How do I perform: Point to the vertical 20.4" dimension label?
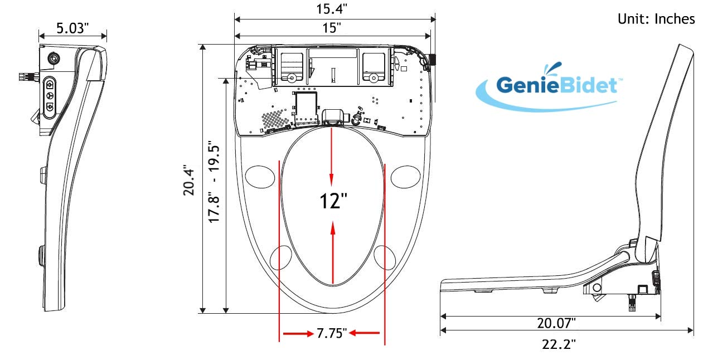188,182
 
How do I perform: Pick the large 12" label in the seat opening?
333,201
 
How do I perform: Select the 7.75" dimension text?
332,333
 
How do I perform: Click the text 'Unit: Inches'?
656,19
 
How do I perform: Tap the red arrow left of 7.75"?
298,333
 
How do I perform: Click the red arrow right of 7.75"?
365,333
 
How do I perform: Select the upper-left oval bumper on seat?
259,176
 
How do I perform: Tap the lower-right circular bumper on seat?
385,257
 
